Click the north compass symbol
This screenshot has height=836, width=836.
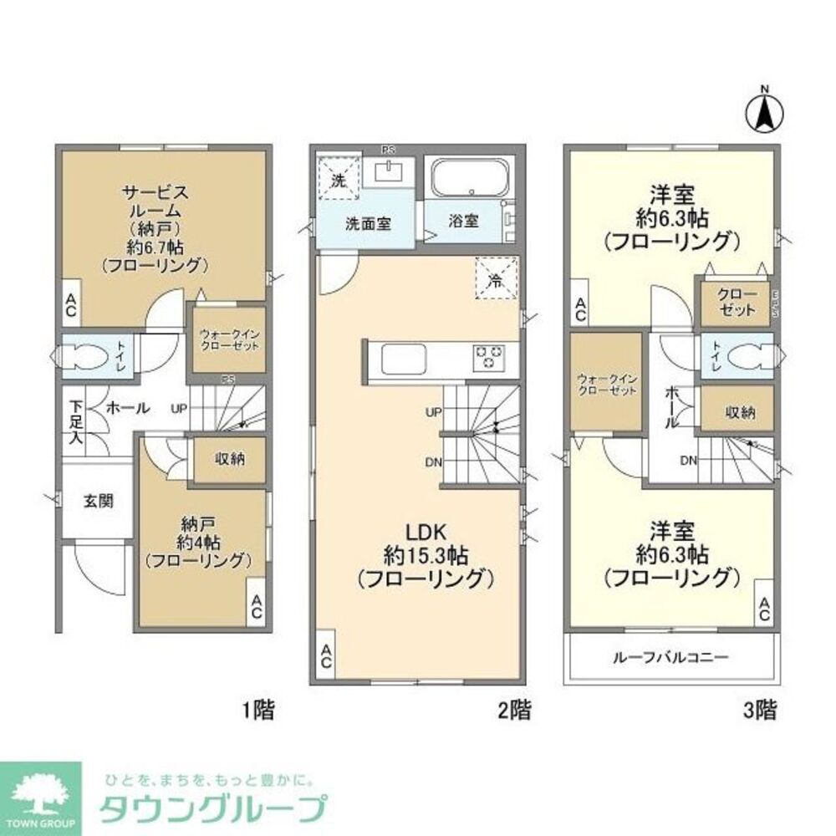[x=763, y=110]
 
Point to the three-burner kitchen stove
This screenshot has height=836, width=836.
[x=489, y=358]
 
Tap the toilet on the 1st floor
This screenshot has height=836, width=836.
[x=84, y=359]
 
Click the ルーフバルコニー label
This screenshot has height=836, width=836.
[x=672, y=657]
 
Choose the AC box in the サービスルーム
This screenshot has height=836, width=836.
[x=69, y=308]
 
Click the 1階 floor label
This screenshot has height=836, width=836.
[x=257, y=711]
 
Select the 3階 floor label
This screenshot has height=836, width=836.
[x=760, y=711]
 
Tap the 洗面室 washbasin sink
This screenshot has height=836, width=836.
[x=390, y=172]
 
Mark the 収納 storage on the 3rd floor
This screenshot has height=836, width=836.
[x=736, y=410]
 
